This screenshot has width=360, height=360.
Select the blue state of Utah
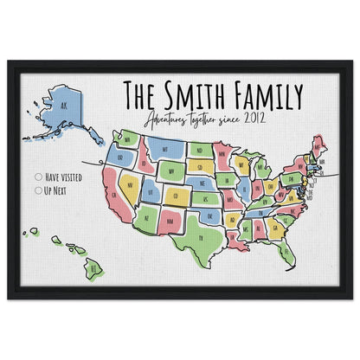152,190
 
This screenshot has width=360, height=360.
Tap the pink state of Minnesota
223,155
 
